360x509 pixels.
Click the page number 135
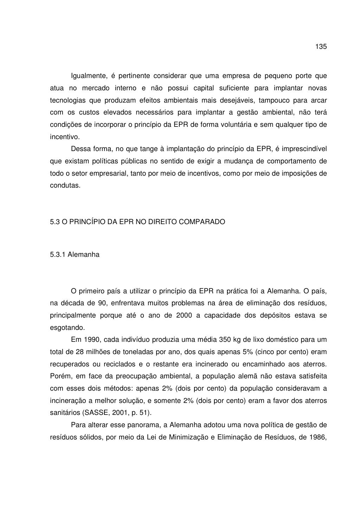click(321, 47)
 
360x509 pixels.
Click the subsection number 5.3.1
click(57, 255)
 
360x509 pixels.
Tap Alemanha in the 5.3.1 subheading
click(83, 255)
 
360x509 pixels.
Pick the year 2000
click(184, 315)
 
